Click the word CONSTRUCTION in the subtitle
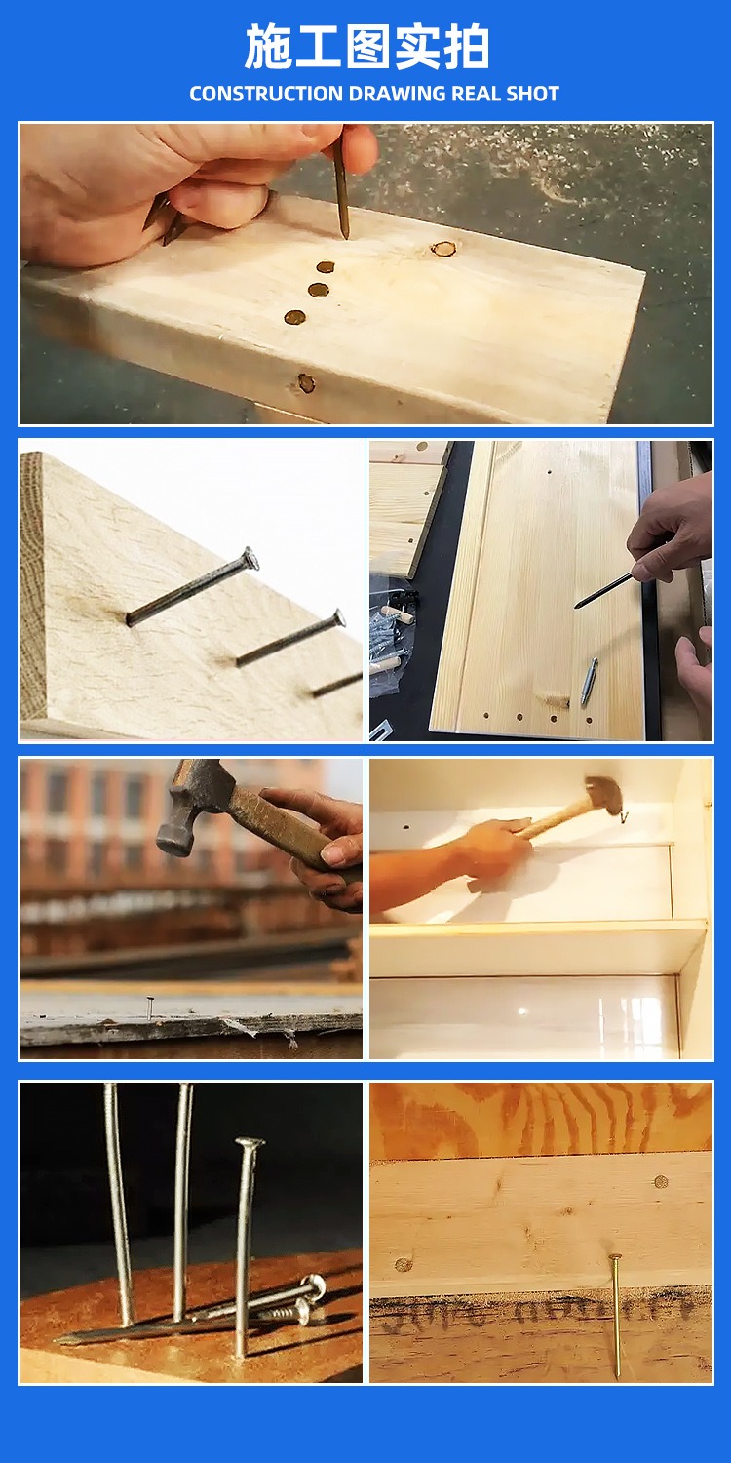pyautogui.click(x=266, y=94)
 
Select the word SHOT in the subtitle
pyautogui.click(x=532, y=94)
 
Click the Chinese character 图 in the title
pyautogui.click(x=367, y=47)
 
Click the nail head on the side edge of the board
pyautogui.click(x=306, y=383)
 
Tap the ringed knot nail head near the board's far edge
pyautogui.click(x=443, y=249)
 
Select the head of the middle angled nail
pyautogui.click(x=338, y=617)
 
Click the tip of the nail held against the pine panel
pyautogui.click(x=577, y=606)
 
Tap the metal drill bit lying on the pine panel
pyautogui.click(x=590, y=682)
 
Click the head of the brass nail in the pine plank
pyautogui.click(x=613, y=1257)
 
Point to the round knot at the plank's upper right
pyautogui.click(x=661, y=1181)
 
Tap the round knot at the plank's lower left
pyautogui.click(x=404, y=1264)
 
